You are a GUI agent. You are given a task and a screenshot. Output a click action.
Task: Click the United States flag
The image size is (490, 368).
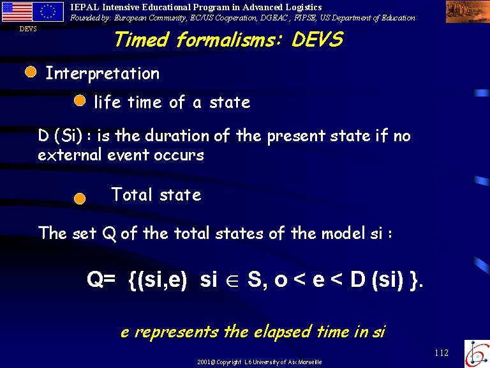tap(17, 12)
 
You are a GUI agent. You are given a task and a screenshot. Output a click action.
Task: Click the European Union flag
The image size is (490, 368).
tap(48, 12)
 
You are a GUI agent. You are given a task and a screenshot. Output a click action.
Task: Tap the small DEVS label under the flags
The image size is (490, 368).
tap(28, 29)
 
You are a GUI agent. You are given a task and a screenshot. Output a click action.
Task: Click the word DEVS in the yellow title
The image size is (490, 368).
tap(318, 40)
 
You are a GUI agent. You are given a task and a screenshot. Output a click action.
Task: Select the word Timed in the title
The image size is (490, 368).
tap(142, 40)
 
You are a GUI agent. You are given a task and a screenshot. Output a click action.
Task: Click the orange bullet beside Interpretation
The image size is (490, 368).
tap(31, 72)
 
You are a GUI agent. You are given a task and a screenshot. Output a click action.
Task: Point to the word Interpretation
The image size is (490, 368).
tap(103, 73)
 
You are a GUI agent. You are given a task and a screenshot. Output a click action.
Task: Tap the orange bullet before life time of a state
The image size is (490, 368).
tap(80, 101)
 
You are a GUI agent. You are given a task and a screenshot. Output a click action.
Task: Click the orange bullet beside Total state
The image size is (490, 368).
tap(80, 199)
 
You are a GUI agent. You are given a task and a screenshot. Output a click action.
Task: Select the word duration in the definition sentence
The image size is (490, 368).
tap(177, 135)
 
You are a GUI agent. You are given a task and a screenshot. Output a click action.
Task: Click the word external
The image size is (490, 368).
tap(70, 155)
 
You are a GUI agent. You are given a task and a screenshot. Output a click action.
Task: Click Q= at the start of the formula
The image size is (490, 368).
tap(101, 279)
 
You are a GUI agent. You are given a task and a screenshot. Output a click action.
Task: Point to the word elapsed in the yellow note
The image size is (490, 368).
tap(283, 332)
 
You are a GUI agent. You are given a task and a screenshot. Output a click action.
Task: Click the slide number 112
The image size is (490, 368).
tap(442, 353)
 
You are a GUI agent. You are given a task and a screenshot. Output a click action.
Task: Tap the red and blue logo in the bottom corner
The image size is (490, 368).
tap(477, 354)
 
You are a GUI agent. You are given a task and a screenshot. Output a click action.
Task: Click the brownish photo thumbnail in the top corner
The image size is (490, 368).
tap(468, 12)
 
